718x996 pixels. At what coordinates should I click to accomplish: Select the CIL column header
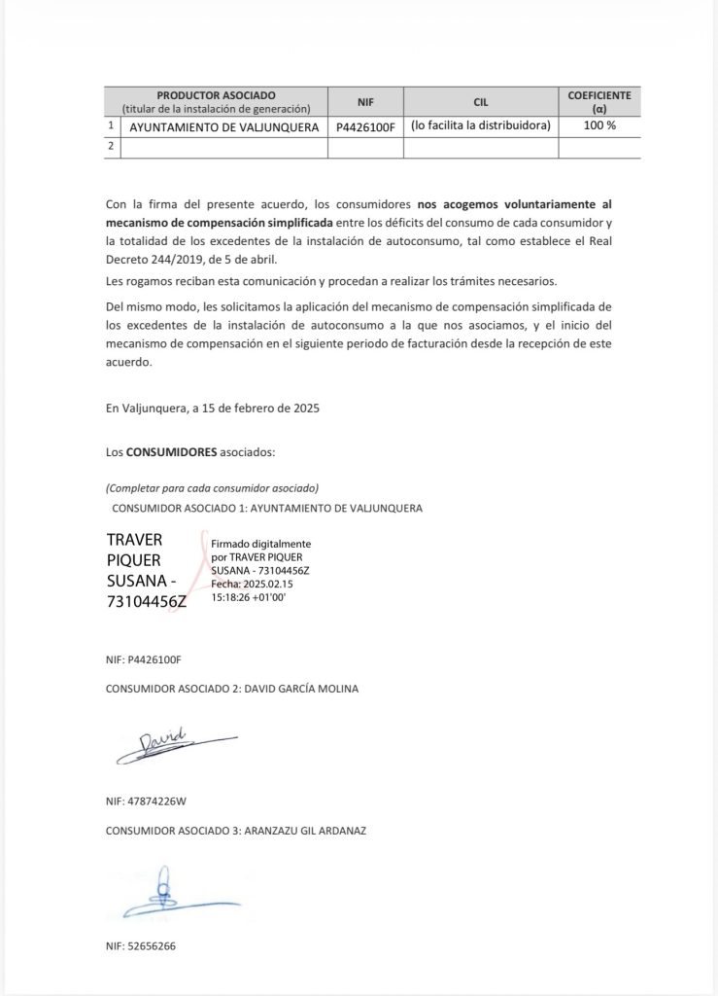(x=480, y=101)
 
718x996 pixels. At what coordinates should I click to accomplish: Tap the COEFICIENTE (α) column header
(x=598, y=101)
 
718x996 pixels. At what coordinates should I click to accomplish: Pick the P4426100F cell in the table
(x=365, y=126)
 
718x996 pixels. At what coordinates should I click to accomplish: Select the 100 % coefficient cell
(x=599, y=125)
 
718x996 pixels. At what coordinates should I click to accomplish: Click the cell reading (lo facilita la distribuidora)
(x=480, y=125)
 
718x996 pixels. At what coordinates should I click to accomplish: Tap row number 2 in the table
(x=112, y=146)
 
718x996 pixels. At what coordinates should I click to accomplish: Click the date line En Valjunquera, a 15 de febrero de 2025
(x=212, y=408)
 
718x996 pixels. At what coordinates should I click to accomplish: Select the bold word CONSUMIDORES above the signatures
(x=171, y=452)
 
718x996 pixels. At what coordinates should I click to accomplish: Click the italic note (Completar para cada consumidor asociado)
(x=212, y=487)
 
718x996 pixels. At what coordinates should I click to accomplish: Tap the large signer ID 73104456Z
(x=146, y=601)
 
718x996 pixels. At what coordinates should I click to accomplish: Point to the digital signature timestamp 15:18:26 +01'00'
(x=248, y=596)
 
